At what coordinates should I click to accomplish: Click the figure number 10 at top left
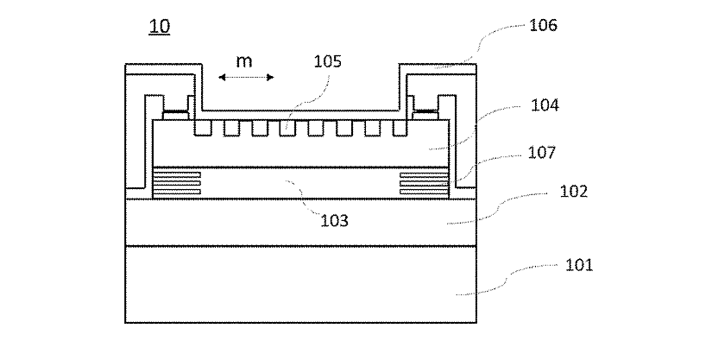[159, 27]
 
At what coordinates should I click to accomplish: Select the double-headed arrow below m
[245, 78]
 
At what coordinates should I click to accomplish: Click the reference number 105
[328, 61]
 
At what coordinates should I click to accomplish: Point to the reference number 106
[543, 25]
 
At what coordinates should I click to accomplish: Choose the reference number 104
[544, 105]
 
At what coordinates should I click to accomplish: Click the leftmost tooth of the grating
[203, 128]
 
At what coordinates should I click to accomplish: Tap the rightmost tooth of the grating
[399, 128]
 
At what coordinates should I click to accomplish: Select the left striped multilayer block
[177, 182]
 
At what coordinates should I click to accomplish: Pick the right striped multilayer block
[425, 182]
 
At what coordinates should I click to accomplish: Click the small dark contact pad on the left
[176, 112]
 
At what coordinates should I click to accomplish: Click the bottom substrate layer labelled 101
[302, 285]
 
